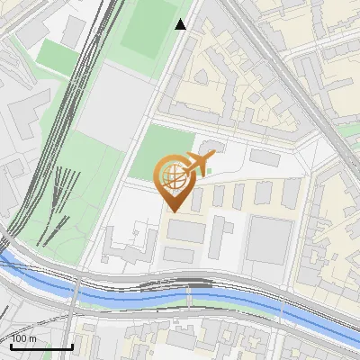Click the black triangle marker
[x=182, y=24]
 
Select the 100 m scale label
[x=24, y=338]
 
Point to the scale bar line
[x=41, y=346]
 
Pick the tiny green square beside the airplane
[x=210, y=170]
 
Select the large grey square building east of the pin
[x=271, y=238]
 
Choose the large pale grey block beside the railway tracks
[x=108, y=99]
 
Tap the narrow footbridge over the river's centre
[x=189, y=294]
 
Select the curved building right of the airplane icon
[x=212, y=146]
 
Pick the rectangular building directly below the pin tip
[x=185, y=230]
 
